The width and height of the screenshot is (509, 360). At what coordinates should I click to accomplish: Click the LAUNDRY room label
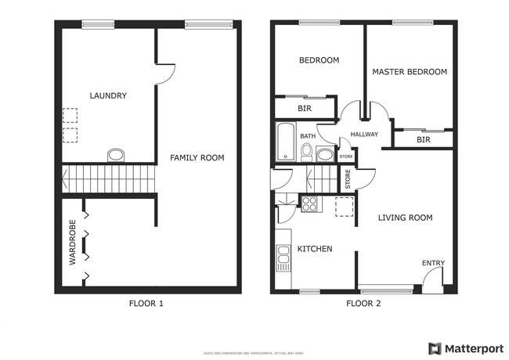tap(108, 96)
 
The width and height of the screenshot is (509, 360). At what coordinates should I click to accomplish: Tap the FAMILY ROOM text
tap(197, 158)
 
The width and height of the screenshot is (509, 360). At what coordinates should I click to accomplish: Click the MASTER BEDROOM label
tap(410, 72)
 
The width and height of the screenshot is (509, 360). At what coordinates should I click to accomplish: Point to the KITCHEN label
tap(315, 249)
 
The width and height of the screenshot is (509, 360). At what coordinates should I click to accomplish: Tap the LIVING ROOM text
tap(406, 218)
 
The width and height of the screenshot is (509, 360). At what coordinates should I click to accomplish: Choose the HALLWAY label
tap(364, 135)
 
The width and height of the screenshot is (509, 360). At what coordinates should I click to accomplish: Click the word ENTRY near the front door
tap(433, 263)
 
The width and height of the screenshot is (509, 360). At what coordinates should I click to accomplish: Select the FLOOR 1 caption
tap(146, 304)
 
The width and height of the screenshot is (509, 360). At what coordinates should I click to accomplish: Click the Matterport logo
tap(463, 347)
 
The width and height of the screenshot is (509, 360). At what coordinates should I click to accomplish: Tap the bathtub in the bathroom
tap(284, 142)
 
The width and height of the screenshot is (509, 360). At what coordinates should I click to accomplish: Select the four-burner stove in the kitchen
tap(309, 204)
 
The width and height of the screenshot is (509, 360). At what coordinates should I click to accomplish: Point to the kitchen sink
tap(282, 257)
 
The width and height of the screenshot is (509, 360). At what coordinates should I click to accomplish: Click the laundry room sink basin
tap(115, 154)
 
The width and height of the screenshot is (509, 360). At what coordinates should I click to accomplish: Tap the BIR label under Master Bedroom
tap(424, 140)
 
